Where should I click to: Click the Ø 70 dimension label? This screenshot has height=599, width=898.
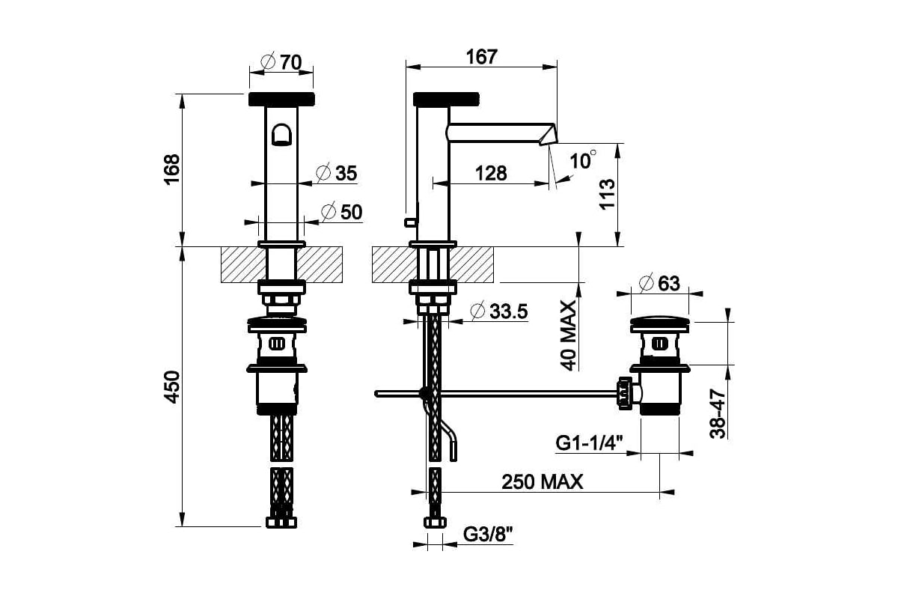(x=281, y=62)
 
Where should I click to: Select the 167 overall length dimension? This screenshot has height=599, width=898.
(x=481, y=57)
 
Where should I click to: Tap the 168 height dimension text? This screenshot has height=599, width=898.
(x=172, y=170)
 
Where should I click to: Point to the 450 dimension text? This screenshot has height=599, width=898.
(x=172, y=387)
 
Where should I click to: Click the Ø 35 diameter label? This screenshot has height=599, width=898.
(x=336, y=173)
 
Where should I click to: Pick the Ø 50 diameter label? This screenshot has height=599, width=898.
(x=342, y=212)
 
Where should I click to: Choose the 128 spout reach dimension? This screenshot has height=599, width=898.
(x=491, y=173)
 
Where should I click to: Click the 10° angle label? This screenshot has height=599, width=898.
(x=582, y=160)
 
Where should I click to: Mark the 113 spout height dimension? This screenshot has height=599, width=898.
(x=608, y=194)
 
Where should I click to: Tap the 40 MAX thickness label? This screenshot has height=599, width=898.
(x=568, y=335)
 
